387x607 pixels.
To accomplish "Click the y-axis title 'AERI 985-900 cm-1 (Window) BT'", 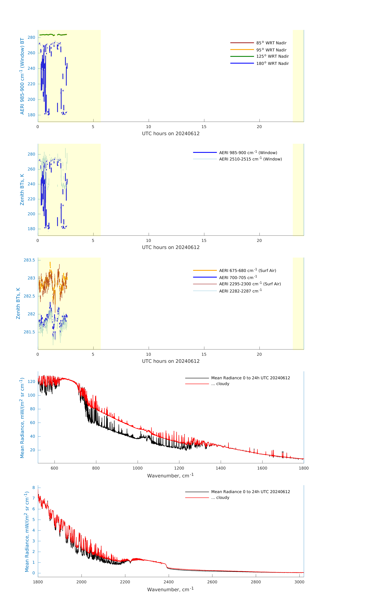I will click(x=22, y=76).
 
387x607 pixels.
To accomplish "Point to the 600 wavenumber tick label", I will click(x=54, y=468).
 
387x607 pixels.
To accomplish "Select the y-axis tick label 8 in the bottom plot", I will click(x=33, y=488).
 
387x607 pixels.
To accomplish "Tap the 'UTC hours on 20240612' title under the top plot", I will click(x=171, y=134).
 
